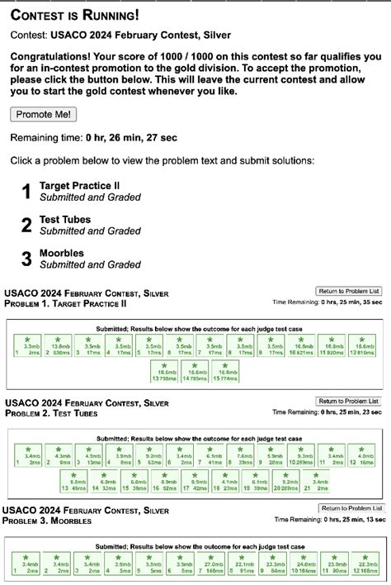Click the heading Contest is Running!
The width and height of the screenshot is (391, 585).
tap(74, 16)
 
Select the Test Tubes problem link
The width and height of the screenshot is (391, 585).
tap(65, 220)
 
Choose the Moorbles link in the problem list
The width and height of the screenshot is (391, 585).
tap(63, 254)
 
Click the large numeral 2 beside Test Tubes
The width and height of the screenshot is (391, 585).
tap(26, 225)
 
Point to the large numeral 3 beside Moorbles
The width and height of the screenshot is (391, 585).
tap(26, 259)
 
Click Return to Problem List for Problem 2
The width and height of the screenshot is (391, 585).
tap(350, 401)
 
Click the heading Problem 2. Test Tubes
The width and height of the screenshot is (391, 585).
tap(51, 413)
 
